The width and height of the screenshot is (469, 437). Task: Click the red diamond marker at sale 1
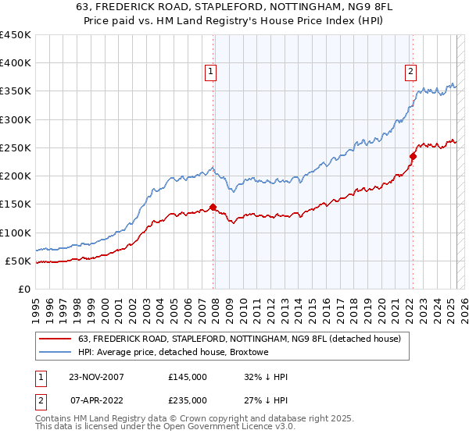click(x=213, y=208)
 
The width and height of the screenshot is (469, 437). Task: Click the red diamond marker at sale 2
click(x=412, y=156)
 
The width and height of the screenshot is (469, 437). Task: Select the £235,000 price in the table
click(x=188, y=400)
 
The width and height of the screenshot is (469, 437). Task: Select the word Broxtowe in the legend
click(x=248, y=352)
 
